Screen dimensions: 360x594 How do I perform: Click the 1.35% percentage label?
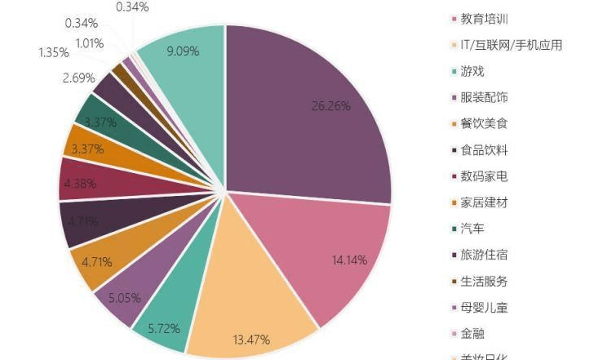point(53,53)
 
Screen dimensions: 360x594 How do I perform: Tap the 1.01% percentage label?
point(90,42)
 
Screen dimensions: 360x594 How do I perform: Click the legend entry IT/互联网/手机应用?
point(511,45)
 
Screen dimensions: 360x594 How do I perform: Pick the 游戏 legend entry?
point(472,71)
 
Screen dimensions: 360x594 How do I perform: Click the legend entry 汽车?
point(472,229)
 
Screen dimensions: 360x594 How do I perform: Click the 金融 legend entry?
point(472,334)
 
